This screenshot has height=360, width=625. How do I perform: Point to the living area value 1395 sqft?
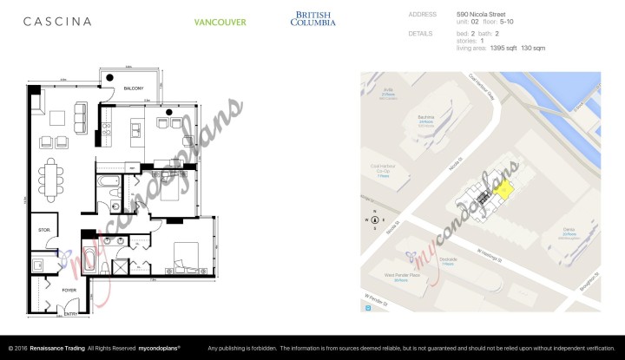pos(484,48)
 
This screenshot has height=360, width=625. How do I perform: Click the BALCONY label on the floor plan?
pos(133,88)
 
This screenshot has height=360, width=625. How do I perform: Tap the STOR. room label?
pos(43,230)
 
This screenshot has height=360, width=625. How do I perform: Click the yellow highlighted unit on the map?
pos(503,189)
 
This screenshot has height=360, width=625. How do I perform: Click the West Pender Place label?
pos(400,275)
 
